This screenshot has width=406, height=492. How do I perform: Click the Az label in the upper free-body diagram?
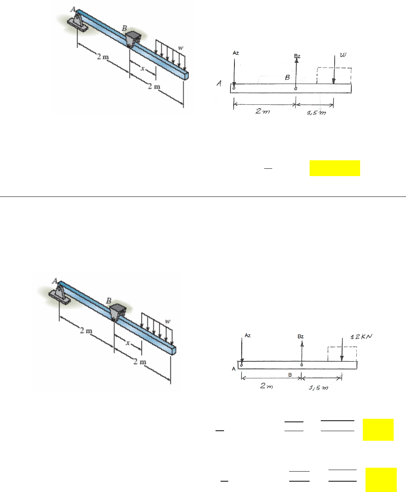coord(236,53)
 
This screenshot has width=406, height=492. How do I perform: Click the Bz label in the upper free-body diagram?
coord(297,56)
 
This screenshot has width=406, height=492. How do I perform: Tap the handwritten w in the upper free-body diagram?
coord(343,55)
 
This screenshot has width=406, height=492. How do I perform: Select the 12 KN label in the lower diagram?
coord(361,336)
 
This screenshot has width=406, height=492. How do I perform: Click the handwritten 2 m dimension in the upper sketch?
coord(263,111)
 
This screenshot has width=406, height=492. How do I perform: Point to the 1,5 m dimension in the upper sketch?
coord(317,113)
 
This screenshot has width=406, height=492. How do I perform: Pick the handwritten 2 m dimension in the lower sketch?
coord(267,386)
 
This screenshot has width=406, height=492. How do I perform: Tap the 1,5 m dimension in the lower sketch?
coord(318,388)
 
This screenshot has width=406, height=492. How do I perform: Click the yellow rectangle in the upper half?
coord(335,168)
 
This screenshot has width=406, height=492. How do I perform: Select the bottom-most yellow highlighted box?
coord(381,480)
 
